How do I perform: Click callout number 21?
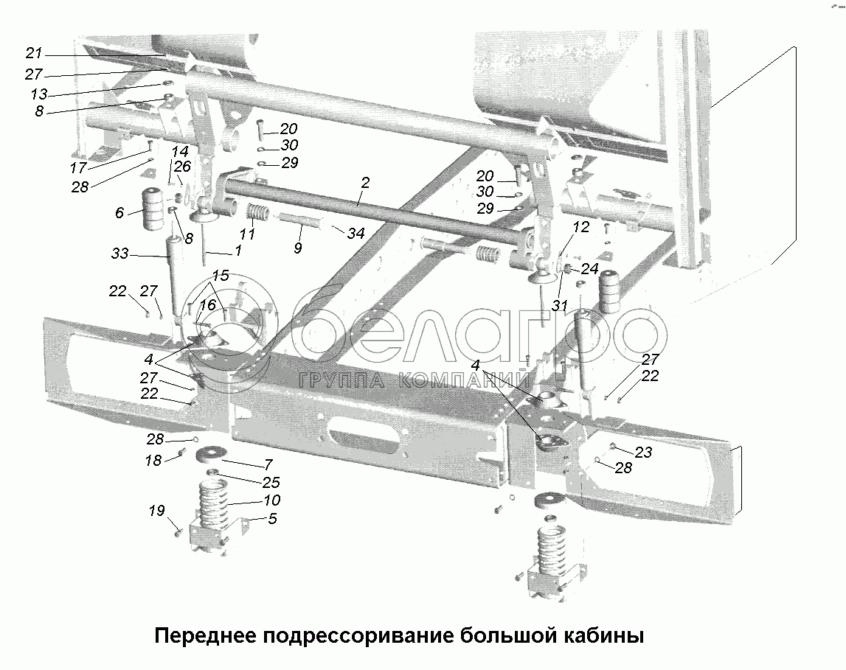click(33, 53)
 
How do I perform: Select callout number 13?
click(39, 94)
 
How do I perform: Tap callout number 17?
click(78, 167)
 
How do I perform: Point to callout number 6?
click(119, 213)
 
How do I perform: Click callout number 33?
click(119, 253)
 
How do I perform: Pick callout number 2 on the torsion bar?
click(365, 183)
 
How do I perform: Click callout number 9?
click(297, 248)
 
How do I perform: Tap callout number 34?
click(356, 234)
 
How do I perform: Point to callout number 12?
click(581, 228)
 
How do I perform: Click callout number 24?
click(590, 268)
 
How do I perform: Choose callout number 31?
click(560, 306)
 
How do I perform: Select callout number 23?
click(643, 453)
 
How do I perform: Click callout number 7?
click(268, 464)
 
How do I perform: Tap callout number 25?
click(271, 482)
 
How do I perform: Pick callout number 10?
click(272, 500)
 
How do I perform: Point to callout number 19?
click(156, 511)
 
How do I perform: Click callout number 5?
click(272, 519)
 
